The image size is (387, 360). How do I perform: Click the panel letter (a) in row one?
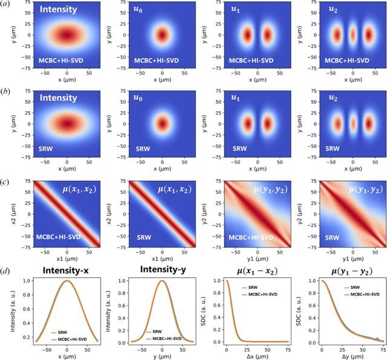5,4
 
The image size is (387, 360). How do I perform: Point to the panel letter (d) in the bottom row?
5,271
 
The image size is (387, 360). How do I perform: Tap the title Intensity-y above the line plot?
163,270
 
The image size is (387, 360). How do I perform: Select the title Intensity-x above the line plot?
66,271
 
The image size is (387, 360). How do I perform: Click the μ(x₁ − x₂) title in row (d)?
258,271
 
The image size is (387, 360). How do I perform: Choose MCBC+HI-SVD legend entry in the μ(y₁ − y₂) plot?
362,294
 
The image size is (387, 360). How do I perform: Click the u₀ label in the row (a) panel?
138,10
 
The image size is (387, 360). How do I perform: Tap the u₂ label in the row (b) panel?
333,98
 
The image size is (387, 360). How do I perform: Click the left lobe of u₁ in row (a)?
247,35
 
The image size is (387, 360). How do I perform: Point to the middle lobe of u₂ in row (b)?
353,123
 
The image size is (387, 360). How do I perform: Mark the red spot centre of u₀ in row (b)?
162,124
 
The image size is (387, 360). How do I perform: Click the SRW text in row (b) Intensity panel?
46,149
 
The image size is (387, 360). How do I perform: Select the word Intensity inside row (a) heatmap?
59,10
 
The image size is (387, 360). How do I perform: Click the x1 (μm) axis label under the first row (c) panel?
67,259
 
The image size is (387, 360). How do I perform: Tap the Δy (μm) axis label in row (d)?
353,356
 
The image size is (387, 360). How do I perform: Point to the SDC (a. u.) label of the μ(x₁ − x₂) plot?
203,311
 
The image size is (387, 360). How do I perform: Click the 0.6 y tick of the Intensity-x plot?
27,309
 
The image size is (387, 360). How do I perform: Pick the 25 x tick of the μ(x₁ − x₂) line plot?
247,350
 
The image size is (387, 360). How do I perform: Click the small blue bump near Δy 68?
377,338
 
